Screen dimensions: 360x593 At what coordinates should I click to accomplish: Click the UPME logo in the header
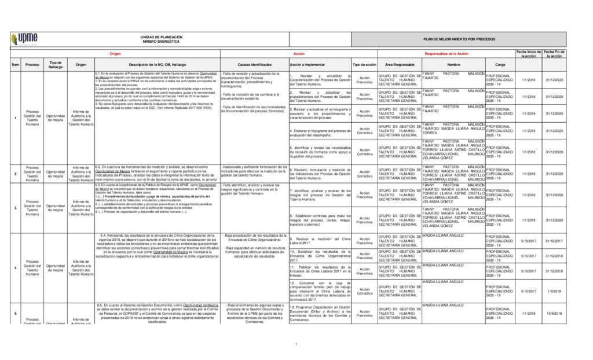[x=24, y=39]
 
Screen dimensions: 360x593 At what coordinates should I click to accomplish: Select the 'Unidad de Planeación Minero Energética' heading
[x=162, y=39]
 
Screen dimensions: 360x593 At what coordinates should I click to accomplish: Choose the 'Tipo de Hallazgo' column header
[x=56, y=64]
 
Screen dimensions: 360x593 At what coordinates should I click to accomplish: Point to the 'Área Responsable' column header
[x=400, y=64]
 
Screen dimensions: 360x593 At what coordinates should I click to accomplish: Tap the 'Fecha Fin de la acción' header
[x=556, y=54]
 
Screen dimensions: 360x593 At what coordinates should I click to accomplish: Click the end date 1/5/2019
[x=556, y=291]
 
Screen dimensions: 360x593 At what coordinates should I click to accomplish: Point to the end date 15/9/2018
[x=556, y=313]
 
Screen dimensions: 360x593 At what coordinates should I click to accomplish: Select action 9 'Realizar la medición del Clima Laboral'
[x=320, y=241]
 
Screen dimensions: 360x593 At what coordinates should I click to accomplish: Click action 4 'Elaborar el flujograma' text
[x=320, y=133]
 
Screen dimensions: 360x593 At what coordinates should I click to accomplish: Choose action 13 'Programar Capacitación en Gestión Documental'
[x=320, y=313]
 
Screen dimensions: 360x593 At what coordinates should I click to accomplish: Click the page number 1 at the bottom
[x=296, y=345]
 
